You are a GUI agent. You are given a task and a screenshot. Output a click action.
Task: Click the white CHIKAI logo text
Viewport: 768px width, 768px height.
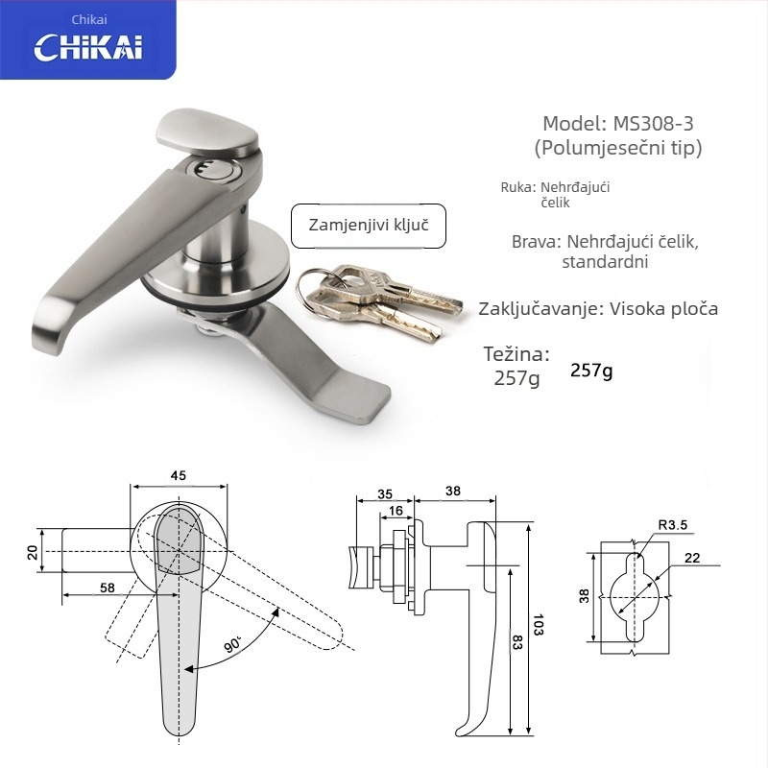[88, 47]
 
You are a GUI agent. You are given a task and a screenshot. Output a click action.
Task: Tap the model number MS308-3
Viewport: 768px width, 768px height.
[654, 124]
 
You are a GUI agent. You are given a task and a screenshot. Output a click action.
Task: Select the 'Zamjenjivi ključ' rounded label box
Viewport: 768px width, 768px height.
[369, 226]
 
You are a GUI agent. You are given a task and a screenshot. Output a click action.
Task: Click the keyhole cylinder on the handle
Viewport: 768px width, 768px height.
[215, 170]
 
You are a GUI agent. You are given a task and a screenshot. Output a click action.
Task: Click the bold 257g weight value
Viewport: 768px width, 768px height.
[591, 371]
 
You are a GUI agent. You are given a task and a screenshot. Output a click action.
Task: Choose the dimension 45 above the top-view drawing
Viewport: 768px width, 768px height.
[179, 475]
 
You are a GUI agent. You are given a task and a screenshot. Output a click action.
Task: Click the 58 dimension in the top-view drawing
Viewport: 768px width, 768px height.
[108, 588]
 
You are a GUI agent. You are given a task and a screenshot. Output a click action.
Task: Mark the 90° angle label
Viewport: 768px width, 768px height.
[233, 644]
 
